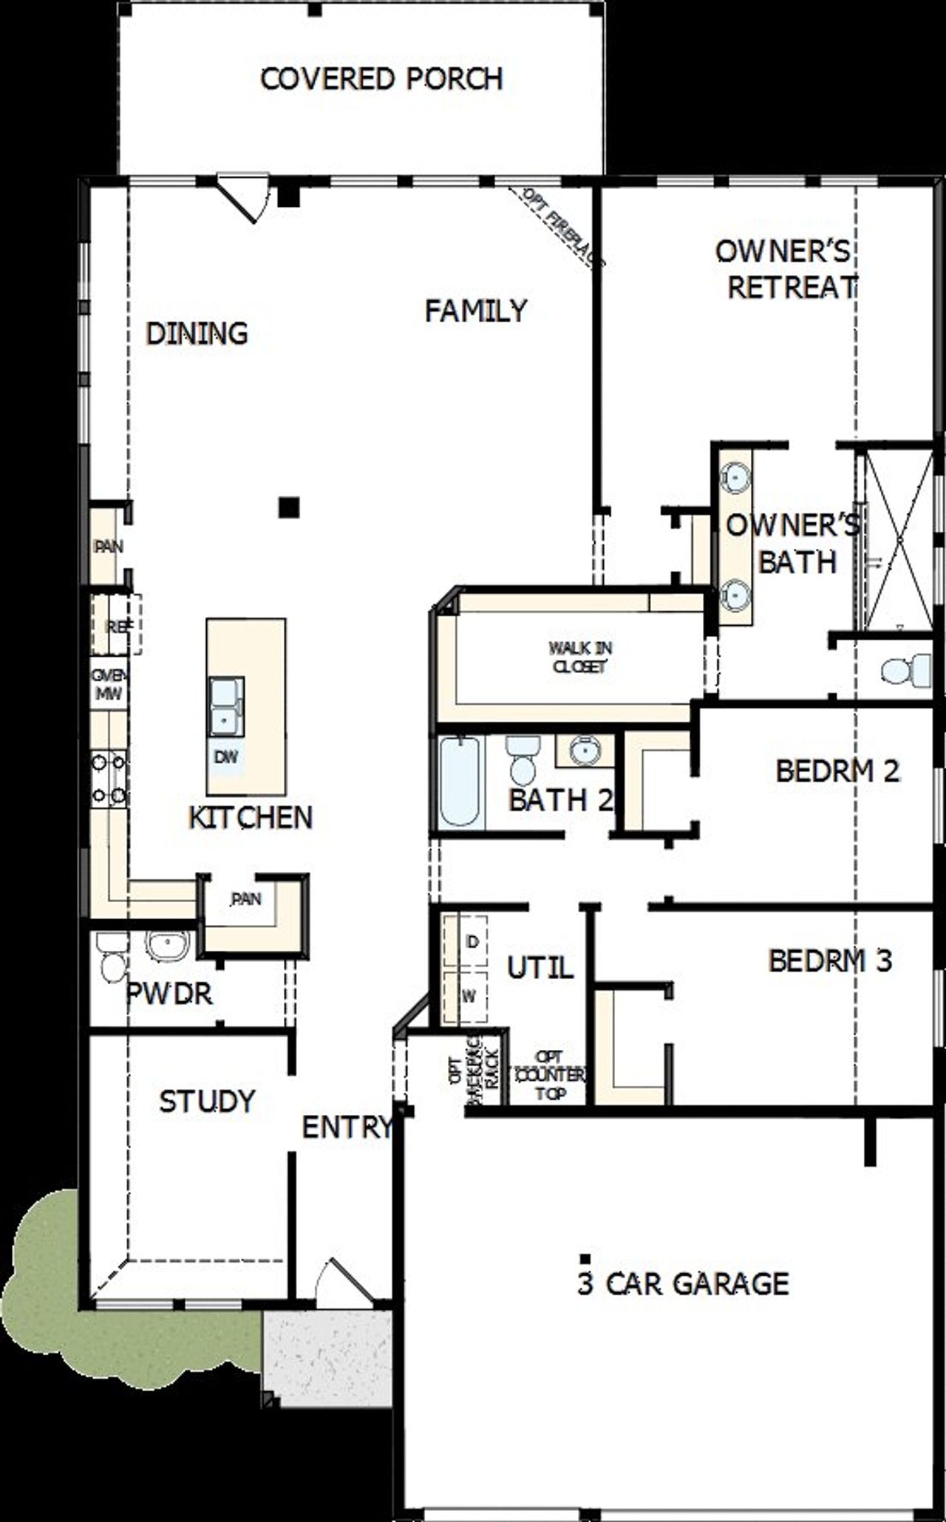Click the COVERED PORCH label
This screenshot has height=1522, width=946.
point(381,78)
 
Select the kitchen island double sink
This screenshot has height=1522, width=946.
point(225,706)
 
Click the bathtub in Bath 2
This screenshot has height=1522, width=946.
point(458,782)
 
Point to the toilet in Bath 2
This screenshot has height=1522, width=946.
point(523,761)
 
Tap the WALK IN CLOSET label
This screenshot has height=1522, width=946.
point(579,657)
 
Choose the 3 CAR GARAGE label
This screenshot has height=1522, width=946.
point(682,1283)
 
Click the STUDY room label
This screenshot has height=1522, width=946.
point(207,1101)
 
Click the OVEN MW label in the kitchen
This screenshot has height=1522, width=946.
point(108,686)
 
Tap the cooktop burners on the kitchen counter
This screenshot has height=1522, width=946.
point(109,777)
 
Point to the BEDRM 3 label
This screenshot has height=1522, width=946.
point(829,960)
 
